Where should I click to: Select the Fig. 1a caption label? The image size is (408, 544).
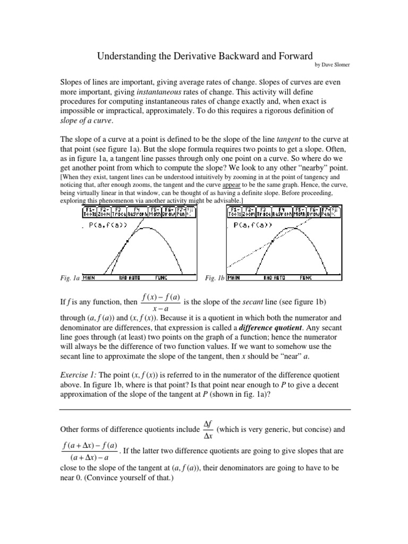[x=69, y=278]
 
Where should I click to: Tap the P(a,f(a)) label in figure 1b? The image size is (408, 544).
[x=253, y=225]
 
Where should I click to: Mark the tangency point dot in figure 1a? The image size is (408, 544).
[x=127, y=242]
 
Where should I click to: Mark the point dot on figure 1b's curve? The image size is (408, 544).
[x=273, y=241]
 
